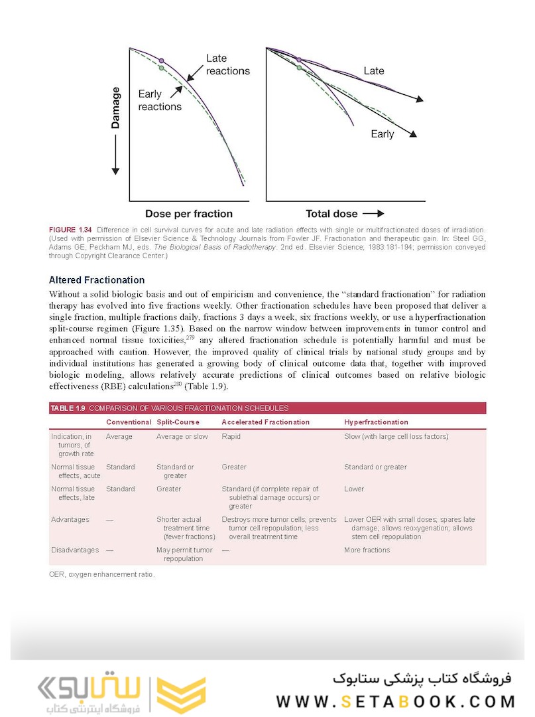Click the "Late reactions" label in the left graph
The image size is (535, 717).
click(227, 64)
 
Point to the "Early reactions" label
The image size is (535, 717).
click(159, 100)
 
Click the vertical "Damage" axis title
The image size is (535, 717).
click(116, 108)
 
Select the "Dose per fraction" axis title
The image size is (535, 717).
click(189, 214)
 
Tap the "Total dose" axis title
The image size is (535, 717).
click(331, 214)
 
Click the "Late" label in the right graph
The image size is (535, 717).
click(374, 70)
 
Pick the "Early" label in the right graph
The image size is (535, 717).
click(383, 134)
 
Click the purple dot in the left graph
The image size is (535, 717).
click(161, 60)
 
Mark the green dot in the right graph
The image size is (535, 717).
click(299, 68)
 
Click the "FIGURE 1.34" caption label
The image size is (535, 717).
click(70, 229)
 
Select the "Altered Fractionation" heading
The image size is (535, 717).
click(97, 280)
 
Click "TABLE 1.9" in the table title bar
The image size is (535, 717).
click(68, 408)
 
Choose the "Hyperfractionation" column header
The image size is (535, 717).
click(376, 422)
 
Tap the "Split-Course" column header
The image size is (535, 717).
click(178, 422)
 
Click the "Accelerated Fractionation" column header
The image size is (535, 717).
click(265, 422)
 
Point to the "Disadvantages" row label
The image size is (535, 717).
click(75, 550)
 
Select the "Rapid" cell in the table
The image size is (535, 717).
click(231, 437)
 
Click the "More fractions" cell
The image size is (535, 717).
click(367, 550)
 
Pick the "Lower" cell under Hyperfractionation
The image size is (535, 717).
click(354, 489)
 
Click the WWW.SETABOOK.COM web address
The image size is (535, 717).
click(396, 701)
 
